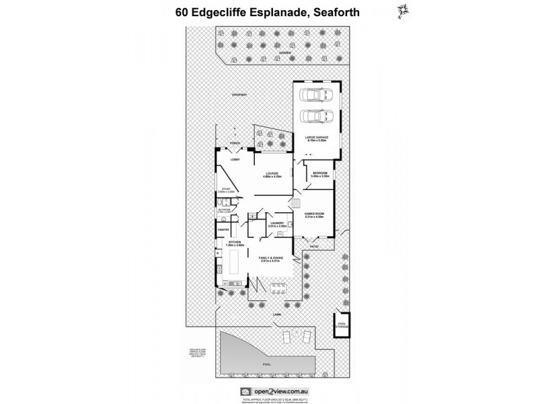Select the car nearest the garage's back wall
coord(315,95)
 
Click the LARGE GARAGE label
coord(315,138)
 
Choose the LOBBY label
coord(235,160)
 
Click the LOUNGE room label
coord(272,175)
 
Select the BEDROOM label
coord(319,174)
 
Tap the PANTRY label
coord(223,230)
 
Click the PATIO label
coord(314,246)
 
